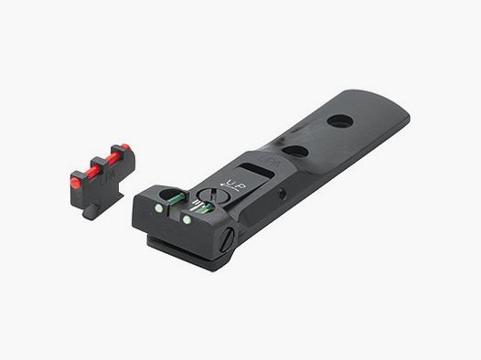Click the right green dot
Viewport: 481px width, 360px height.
click(x=187, y=219)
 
